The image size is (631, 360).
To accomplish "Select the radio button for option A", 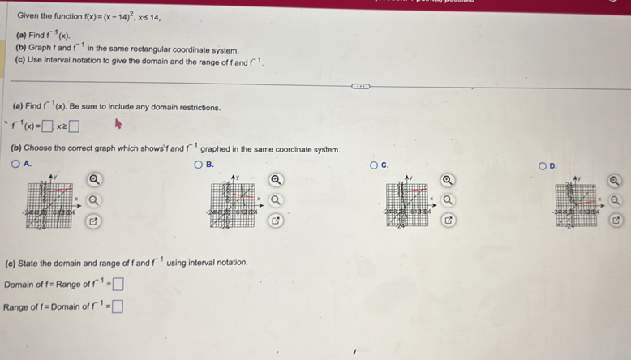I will pyautogui.click(x=15, y=164).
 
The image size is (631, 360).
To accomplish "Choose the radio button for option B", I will pyautogui.click(x=198, y=165).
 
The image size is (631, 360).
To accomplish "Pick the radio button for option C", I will pyautogui.click(x=374, y=165).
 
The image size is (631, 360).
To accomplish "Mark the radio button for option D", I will pyautogui.click(x=543, y=165).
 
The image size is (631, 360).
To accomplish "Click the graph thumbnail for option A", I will pyautogui.click(x=52, y=206).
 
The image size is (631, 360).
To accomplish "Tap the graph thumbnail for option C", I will pyautogui.click(x=406, y=206).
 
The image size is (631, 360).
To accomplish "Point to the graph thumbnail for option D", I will pyautogui.click(x=575, y=207).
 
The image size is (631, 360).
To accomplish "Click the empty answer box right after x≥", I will pyautogui.click(x=74, y=126).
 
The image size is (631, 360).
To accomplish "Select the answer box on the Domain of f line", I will pyautogui.click(x=119, y=285).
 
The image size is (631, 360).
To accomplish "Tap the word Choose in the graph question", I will pyautogui.click(x=39, y=149).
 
